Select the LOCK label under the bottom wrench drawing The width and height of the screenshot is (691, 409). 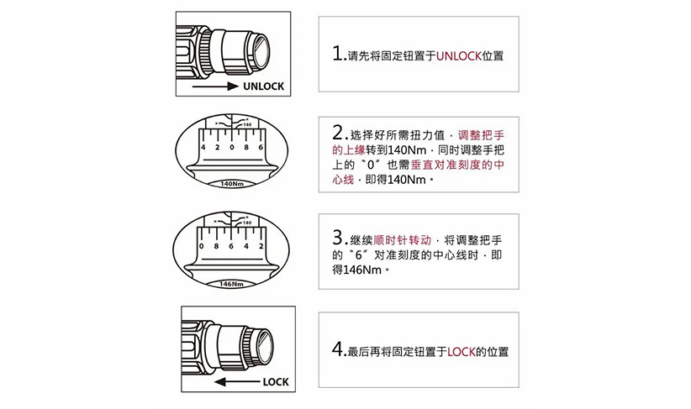click(275, 381)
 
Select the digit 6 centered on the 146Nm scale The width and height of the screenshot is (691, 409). click(232, 247)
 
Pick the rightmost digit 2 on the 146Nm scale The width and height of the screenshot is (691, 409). click(261, 247)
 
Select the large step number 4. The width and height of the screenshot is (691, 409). click(338, 349)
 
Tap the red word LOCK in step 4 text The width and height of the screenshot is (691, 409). click(462, 351)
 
